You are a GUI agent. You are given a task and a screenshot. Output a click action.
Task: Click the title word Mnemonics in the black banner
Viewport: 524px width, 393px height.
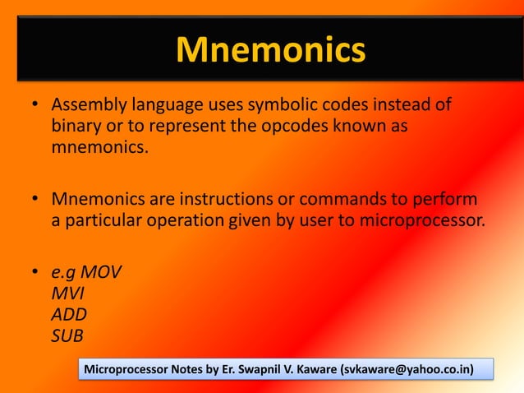(x=270, y=51)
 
